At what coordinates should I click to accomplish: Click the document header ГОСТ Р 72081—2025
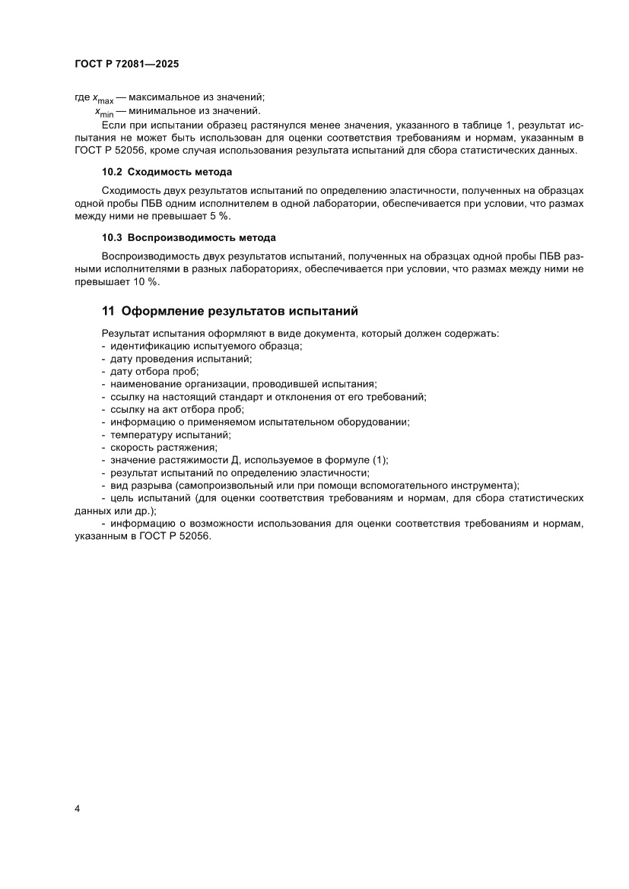click(x=127, y=65)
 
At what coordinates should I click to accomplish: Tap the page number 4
click(x=78, y=808)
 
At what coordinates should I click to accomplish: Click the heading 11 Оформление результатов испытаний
click(x=229, y=311)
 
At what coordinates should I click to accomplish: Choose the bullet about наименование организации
click(x=243, y=384)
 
